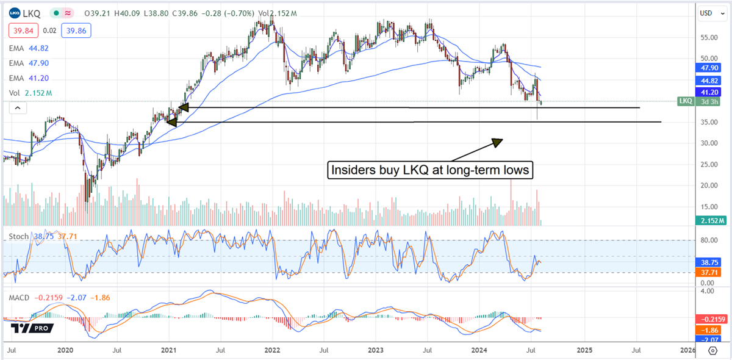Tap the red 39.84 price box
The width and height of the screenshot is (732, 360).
[x=22, y=30]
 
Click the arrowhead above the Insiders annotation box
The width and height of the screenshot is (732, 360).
[x=497, y=142]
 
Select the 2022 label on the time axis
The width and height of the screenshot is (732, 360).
[x=272, y=350]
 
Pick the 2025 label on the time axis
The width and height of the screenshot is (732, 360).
[x=584, y=350]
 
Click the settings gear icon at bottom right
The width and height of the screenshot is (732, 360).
[x=712, y=351]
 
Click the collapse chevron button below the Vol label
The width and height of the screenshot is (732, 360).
[x=17, y=108]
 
